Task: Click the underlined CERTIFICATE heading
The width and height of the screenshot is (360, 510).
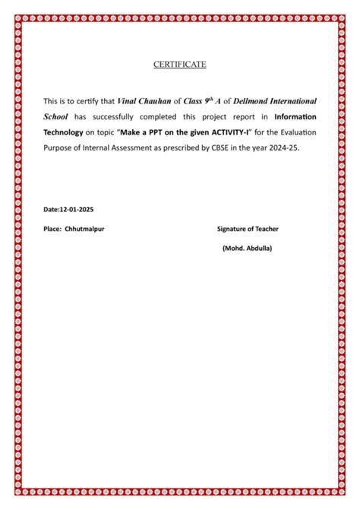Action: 180,65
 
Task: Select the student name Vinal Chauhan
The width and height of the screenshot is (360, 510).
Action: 144,101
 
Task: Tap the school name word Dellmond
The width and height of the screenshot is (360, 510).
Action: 233,101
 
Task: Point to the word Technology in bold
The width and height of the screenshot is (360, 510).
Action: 62,133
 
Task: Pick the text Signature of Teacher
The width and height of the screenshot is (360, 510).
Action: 248,228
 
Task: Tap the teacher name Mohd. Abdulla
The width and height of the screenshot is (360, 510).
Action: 248,249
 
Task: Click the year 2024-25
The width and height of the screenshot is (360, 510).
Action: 283,149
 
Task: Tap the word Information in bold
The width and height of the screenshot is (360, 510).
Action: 295,117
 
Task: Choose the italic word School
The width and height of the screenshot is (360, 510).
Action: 56,117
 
